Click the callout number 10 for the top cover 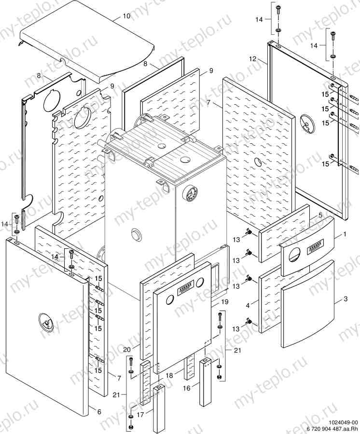[126, 16]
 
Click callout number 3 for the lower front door [345, 299]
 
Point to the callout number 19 [224, 302]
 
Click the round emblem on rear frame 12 [306, 123]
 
